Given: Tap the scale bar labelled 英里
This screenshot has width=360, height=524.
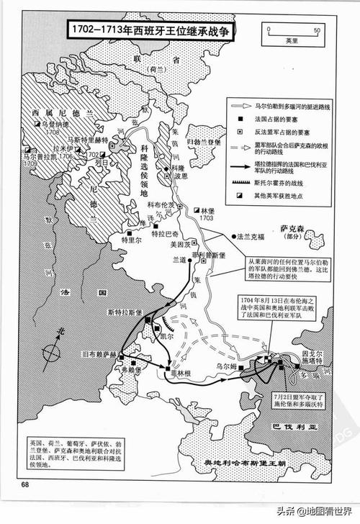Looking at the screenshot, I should pyautogui.click(x=292, y=32).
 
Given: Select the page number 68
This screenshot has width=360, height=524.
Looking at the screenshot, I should pyautogui.click(x=26, y=484).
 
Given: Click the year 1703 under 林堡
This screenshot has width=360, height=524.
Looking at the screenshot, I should pyautogui.click(x=207, y=218).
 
